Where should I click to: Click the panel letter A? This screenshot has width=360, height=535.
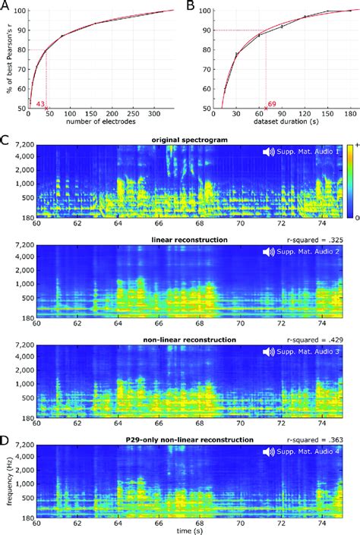click(8, 6)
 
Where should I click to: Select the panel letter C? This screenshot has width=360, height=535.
click(8, 140)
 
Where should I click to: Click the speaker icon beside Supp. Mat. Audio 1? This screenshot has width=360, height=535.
click(269, 153)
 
